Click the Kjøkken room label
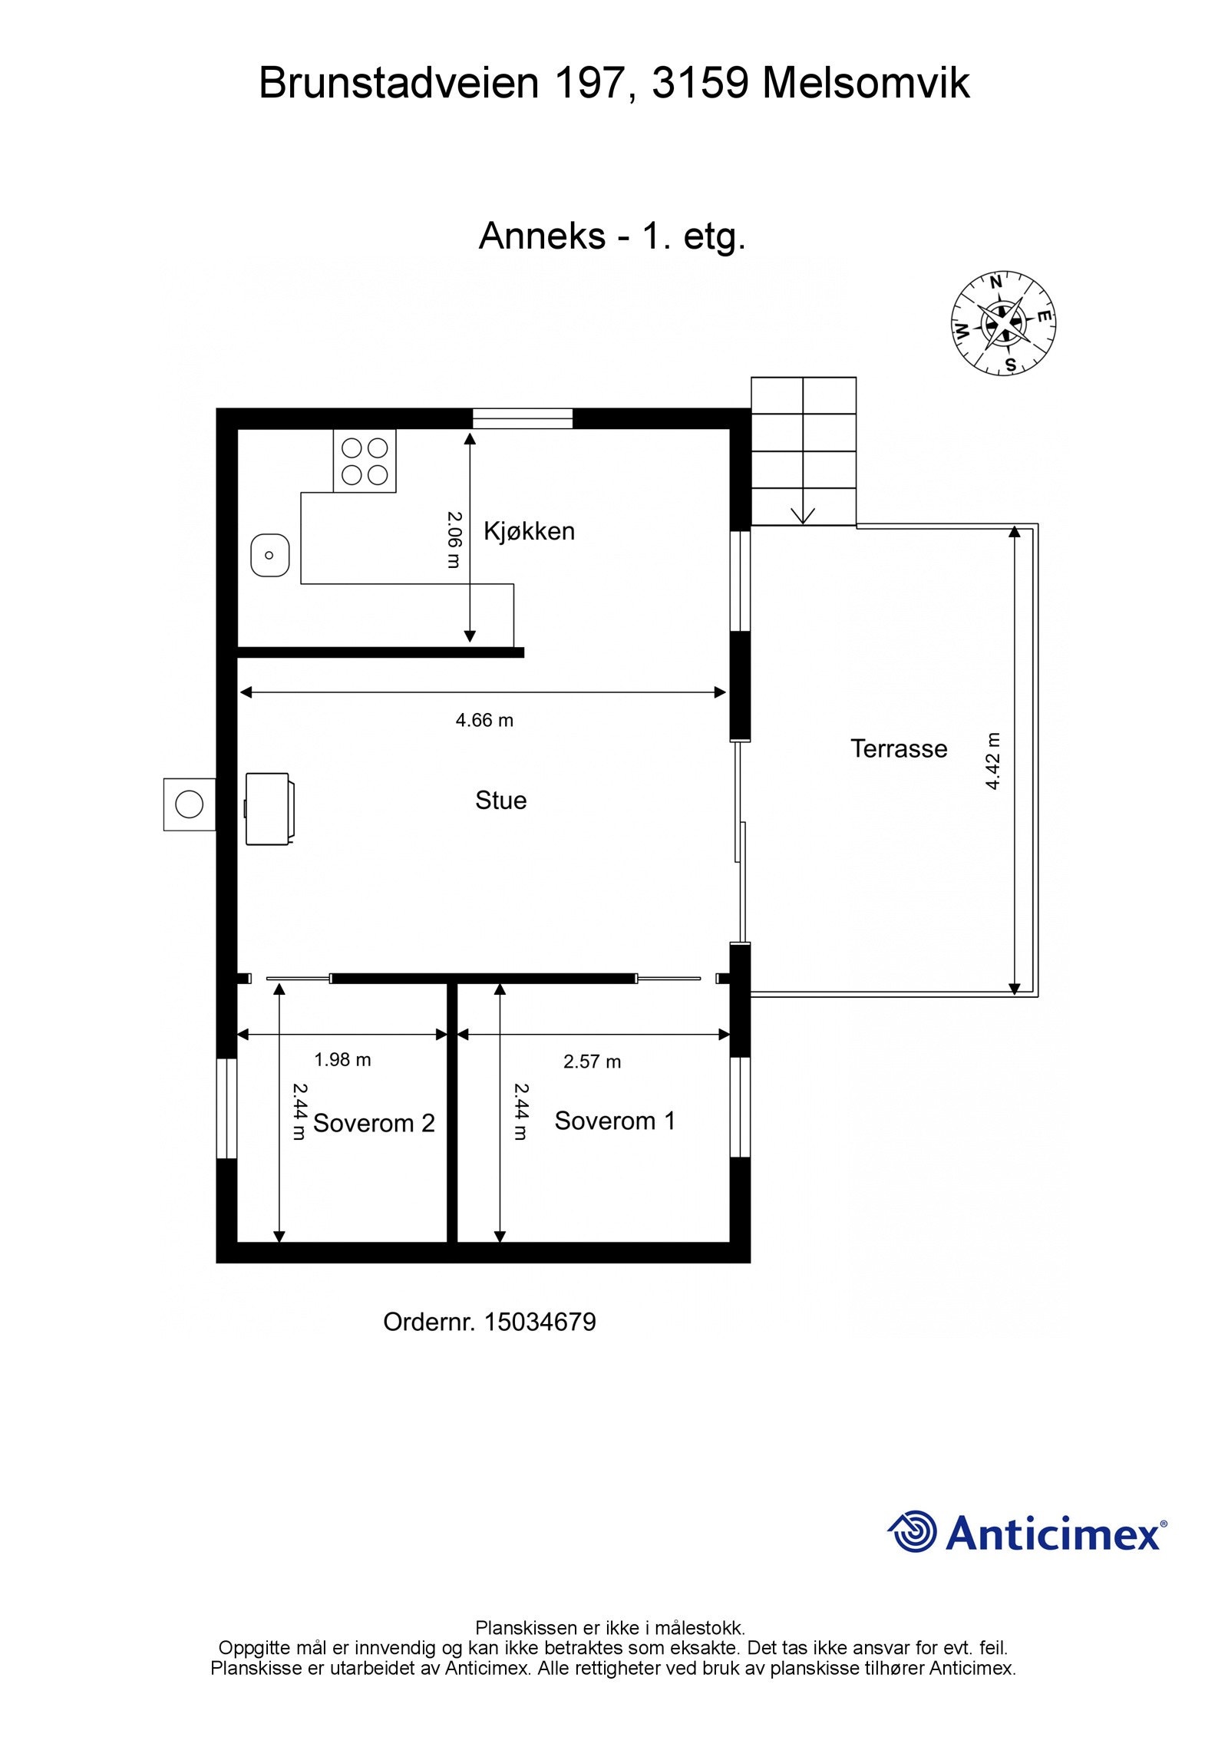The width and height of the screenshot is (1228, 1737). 528,531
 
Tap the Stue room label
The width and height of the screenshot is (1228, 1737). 500,801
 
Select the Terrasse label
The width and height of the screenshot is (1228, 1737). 898,748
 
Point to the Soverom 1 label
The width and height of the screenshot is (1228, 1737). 614,1121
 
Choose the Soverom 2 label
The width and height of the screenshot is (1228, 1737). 374,1123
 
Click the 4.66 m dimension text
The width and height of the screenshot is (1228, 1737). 484,720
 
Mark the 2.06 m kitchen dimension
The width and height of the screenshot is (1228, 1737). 454,540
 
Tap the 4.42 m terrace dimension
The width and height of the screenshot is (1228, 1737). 993,761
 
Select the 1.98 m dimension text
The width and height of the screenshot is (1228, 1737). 342,1060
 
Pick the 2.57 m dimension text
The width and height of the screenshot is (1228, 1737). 592,1062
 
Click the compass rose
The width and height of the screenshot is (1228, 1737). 1003,323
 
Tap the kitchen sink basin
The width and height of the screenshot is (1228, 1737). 269,554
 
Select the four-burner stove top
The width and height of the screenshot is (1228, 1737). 365,461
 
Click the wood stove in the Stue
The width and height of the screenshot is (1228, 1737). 267,808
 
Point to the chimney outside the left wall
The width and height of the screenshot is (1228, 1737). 189,804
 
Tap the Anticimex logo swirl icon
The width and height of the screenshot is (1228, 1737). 913,1531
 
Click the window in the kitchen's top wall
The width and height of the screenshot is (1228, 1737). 522,418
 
